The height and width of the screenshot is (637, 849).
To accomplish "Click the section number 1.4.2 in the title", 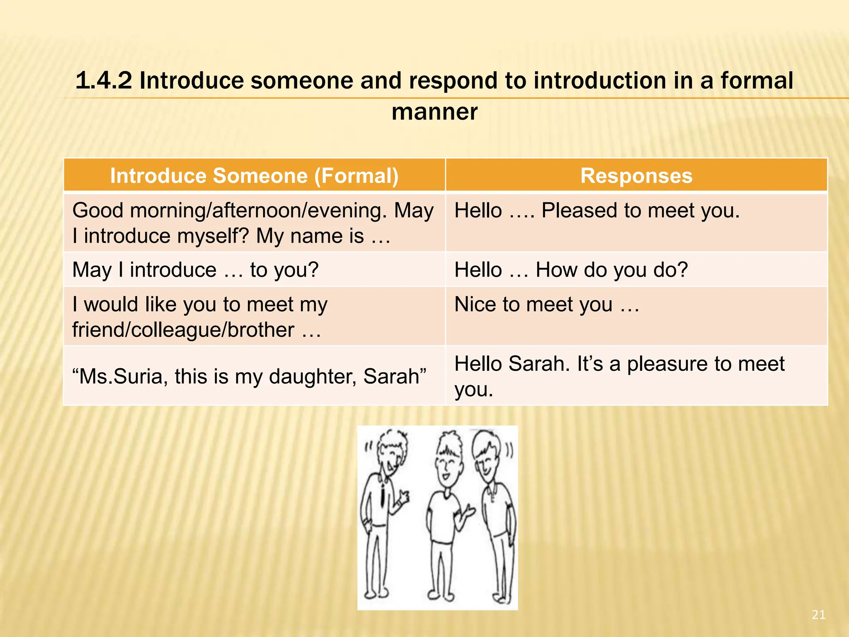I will click(x=104, y=80).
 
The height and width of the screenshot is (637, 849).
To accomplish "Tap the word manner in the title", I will click(x=434, y=112).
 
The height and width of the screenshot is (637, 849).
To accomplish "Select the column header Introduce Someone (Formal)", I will click(x=254, y=176).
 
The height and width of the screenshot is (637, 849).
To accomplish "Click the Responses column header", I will click(x=636, y=176).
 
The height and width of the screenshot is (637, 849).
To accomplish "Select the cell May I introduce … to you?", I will click(x=195, y=270).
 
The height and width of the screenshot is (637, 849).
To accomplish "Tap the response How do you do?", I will click(x=611, y=270).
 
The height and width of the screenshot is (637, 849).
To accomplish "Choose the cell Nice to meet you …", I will click(x=547, y=305).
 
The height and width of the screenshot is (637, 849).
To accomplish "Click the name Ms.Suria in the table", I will click(x=120, y=377).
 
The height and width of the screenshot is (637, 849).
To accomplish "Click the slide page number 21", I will click(x=818, y=615).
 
